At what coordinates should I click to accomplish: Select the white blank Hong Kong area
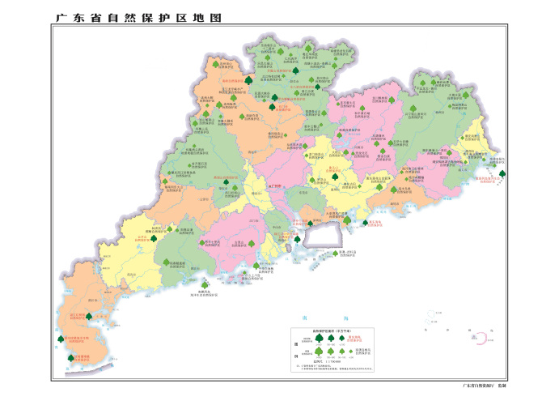tap(318, 235)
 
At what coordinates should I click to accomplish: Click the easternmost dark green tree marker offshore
tap(502, 173)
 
